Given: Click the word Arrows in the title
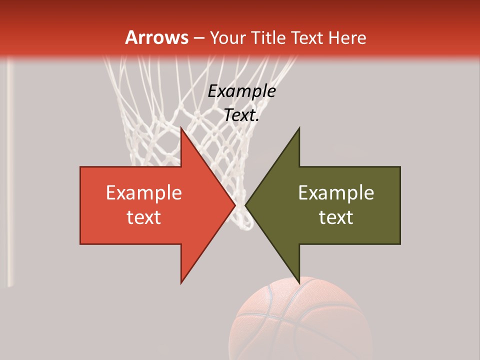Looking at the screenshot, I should click(x=157, y=37).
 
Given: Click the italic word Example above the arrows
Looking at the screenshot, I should click(x=241, y=91).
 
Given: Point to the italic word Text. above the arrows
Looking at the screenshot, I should click(x=241, y=115).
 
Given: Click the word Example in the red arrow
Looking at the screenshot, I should click(x=143, y=193).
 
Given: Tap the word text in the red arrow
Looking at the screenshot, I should click(x=143, y=217).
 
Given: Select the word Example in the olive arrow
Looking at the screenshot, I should click(x=336, y=193).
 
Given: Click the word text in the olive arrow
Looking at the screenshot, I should click(x=336, y=217).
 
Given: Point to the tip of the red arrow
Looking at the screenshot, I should click(x=234, y=205).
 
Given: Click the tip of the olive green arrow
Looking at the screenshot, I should click(x=246, y=205).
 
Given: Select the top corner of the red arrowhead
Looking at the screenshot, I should click(x=181, y=128).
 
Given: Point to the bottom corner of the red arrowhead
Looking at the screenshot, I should click(x=181, y=282).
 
